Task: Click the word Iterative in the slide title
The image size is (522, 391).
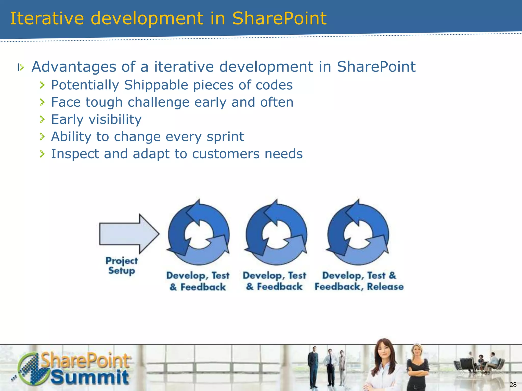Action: pyautogui.click(x=47, y=19)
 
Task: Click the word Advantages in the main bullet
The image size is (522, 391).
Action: pyautogui.click(x=74, y=67)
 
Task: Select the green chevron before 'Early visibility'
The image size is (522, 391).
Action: pyautogui.click(x=42, y=119)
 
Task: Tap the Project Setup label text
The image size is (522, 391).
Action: pyautogui.click(x=122, y=266)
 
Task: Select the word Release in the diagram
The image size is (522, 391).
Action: pyautogui.click(x=385, y=287)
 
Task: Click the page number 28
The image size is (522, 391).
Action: pyautogui.click(x=513, y=385)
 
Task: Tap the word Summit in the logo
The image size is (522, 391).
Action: pyautogui.click(x=90, y=378)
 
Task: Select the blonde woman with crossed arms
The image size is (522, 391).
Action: pyautogui.click(x=417, y=367)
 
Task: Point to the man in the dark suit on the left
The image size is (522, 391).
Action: pyautogui.click(x=313, y=367)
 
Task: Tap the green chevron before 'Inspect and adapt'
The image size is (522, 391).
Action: pyautogui.click(x=42, y=154)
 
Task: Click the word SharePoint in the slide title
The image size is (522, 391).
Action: pyautogui.click(x=279, y=19)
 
